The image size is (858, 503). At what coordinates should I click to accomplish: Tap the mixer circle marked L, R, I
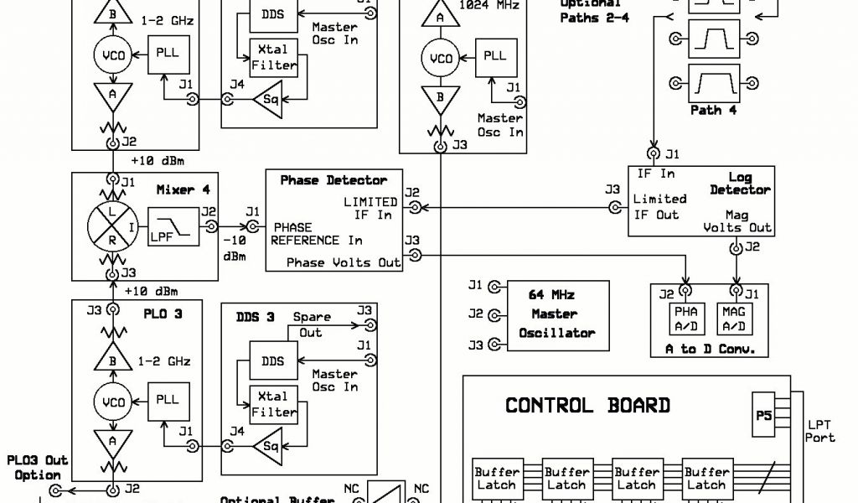(x=111, y=226)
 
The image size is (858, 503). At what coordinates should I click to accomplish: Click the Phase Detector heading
(x=333, y=180)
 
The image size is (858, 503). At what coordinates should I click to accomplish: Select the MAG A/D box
(x=735, y=319)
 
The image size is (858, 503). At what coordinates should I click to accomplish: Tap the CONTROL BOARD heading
(x=587, y=406)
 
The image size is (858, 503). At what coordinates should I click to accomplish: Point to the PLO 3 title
(x=163, y=314)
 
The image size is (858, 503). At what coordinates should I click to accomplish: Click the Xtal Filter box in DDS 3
(x=274, y=404)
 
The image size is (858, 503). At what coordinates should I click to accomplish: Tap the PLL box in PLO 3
(x=168, y=400)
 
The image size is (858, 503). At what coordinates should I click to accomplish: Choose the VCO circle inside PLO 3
(x=112, y=402)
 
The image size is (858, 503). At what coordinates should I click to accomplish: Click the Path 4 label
(x=713, y=110)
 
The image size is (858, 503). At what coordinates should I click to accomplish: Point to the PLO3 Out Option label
(x=37, y=468)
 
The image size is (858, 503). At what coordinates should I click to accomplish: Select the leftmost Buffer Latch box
(x=497, y=478)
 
